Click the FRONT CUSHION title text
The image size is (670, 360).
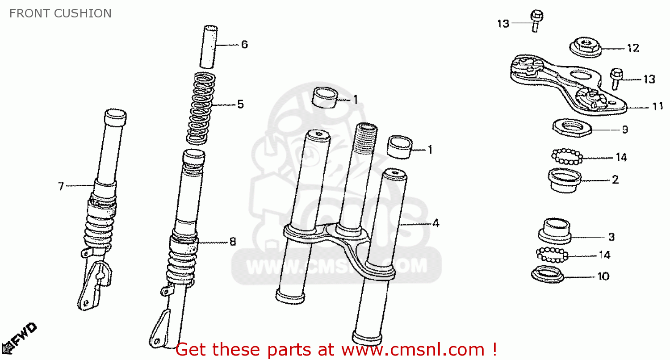60,13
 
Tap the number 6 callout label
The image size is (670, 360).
244,44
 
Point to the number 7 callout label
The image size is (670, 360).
61,186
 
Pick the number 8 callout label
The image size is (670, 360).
232,242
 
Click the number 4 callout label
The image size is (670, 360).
435,223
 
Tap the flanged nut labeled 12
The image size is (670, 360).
584,47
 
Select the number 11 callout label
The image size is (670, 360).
657,106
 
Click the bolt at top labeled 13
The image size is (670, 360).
536,21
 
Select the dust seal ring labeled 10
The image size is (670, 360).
547,273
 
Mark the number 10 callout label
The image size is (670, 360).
603,276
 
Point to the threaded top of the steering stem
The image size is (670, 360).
365,138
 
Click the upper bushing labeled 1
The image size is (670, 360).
324,98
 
